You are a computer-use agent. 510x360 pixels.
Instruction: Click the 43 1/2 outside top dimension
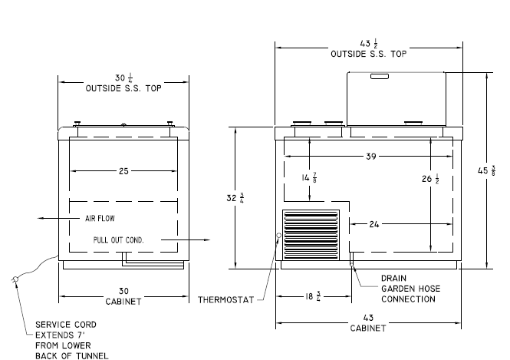(x=369, y=43)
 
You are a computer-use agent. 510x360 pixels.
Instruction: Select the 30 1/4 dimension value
(x=123, y=78)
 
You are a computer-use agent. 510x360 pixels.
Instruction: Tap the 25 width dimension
(x=123, y=171)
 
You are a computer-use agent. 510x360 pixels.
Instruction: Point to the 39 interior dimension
(x=371, y=157)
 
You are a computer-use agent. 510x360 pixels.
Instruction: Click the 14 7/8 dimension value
(x=309, y=178)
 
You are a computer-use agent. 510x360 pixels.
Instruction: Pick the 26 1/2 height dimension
(x=431, y=179)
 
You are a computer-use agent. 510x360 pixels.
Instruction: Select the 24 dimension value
(x=374, y=224)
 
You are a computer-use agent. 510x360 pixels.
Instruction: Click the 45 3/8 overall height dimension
(x=486, y=170)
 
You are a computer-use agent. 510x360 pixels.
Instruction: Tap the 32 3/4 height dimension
(x=235, y=198)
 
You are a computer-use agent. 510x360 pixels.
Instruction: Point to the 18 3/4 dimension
(x=312, y=296)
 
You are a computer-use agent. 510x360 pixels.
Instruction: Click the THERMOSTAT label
(x=226, y=300)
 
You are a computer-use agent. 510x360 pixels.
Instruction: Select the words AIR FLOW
(x=100, y=219)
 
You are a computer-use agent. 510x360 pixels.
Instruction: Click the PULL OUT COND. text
(x=118, y=240)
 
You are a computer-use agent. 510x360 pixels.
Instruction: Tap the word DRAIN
(x=393, y=279)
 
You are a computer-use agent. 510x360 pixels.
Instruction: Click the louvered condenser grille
(x=311, y=235)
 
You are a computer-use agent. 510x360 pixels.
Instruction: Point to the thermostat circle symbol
(x=278, y=236)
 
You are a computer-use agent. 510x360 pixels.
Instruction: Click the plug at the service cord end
(x=15, y=280)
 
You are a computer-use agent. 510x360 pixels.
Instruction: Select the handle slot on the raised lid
(x=380, y=77)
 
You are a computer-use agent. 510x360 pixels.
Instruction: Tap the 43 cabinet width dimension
(x=368, y=318)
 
